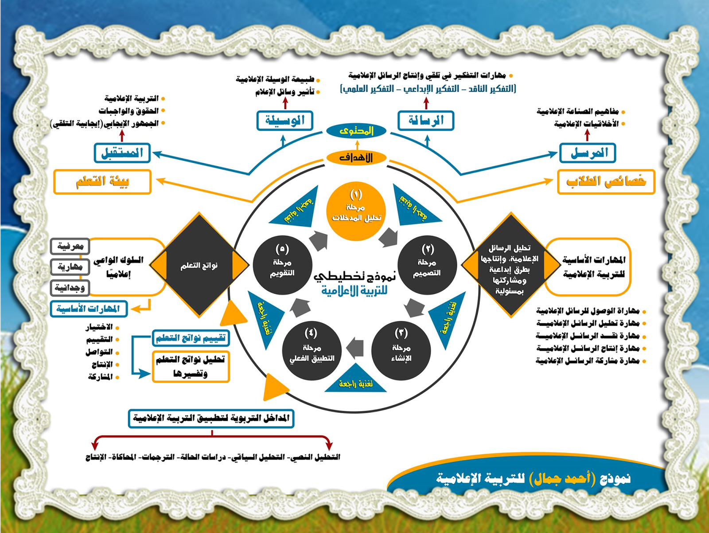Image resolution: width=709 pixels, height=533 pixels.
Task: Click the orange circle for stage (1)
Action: point(356,212)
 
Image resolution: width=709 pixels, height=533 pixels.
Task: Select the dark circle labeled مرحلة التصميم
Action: point(427,265)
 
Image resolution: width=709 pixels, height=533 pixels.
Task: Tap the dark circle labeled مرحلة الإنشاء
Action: point(401,350)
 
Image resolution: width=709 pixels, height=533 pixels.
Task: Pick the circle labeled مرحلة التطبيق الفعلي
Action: point(312,350)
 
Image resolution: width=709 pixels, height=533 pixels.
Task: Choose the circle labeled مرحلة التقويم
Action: point(282,265)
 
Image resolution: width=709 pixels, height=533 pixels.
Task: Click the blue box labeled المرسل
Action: point(588,153)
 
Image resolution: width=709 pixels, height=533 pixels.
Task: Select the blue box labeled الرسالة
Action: point(426,120)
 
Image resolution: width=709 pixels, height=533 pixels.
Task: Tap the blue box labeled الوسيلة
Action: point(285,120)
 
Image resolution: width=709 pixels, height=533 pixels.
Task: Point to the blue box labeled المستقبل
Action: point(122,153)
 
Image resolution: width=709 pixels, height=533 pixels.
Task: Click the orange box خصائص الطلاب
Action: point(606,181)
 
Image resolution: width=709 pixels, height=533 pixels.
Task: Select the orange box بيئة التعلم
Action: point(102,181)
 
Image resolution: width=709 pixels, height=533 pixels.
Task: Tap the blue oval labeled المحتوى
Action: point(356,131)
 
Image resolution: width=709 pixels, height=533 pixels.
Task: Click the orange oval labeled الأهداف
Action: point(356,157)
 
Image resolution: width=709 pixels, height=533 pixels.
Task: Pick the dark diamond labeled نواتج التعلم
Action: point(199,266)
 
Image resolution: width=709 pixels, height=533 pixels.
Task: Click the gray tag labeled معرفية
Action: point(70,246)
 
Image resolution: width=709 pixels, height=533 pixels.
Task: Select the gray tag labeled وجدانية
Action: point(70,288)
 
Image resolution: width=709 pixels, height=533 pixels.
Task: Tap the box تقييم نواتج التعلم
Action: point(191,338)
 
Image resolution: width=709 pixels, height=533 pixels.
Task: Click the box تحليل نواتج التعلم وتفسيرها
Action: point(191,366)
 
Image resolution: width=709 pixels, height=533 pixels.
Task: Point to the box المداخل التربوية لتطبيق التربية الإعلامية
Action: point(211,418)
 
